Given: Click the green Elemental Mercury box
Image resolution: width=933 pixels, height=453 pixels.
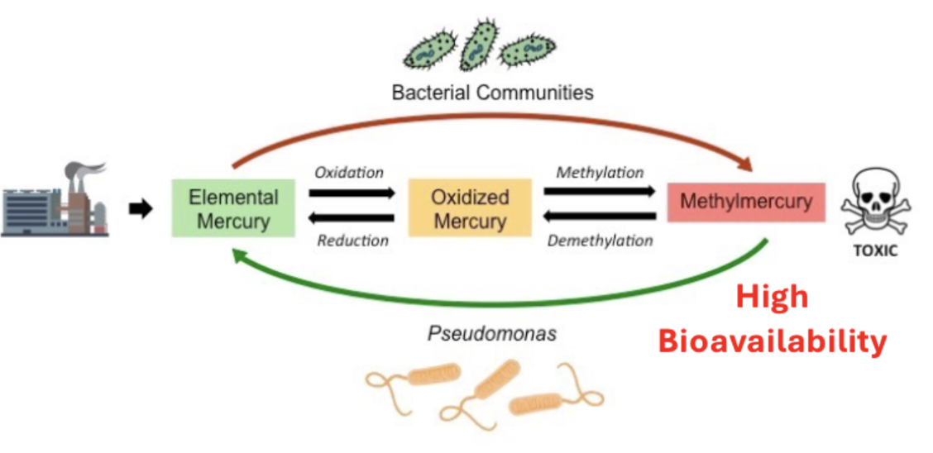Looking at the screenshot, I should click(x=232, y=208).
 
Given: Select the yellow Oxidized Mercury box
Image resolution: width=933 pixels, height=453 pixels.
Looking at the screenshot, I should click(x=469, y=208).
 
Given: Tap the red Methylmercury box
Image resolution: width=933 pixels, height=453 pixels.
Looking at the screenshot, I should click(x=745, y=202).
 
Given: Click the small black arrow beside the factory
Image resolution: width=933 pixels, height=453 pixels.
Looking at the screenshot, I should click(x=141, y=209).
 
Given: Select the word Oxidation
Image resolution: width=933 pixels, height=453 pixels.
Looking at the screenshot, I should click(x=349, y=173).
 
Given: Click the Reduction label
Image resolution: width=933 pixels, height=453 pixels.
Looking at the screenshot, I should click(x=352, y=241).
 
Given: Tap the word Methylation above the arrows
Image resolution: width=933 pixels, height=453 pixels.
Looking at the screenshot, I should click(x=600, y=173).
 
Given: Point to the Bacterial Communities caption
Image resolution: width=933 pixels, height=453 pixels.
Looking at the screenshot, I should click(x=492, y=92).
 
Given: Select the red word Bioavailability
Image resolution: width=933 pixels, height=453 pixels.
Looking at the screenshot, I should click(x=772, y=341).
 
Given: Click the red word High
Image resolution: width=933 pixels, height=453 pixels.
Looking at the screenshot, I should click(x=772, y=297).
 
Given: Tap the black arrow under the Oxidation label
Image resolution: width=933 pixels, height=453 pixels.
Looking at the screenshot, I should click(x=352, y=193).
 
